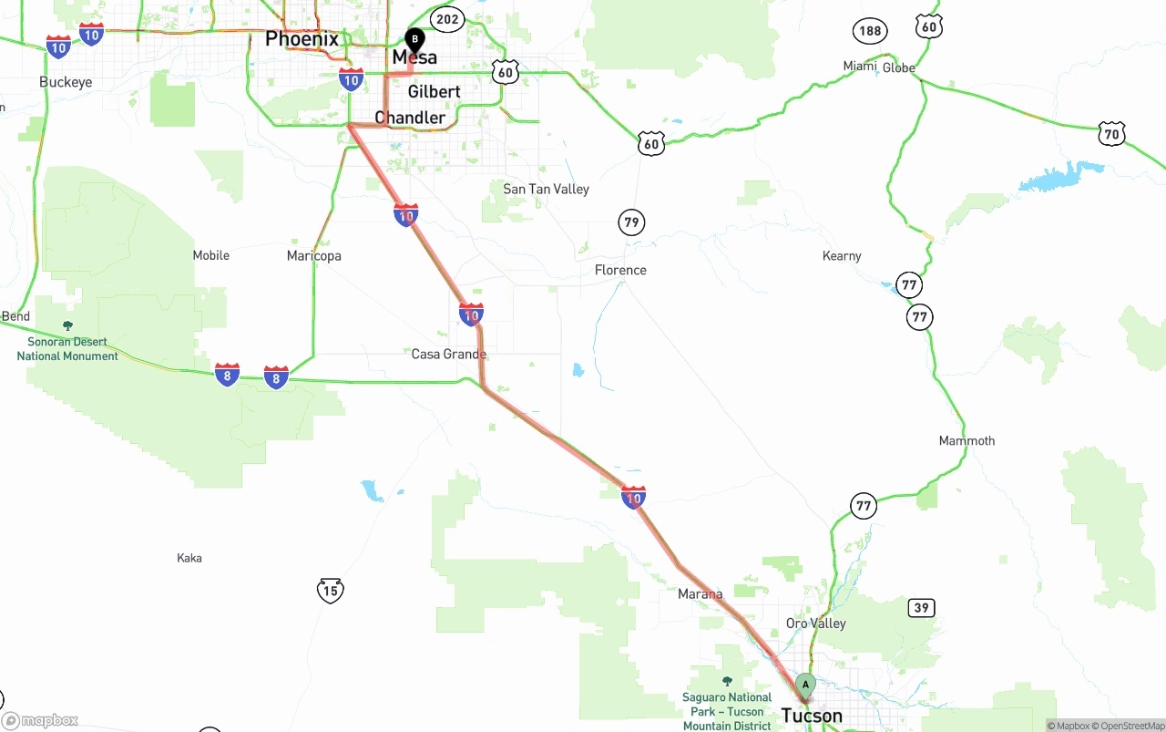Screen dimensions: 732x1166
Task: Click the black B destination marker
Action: [x=414, y=40]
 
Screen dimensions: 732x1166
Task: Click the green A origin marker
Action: [x=804, y=686]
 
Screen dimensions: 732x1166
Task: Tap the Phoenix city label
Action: [x=302, y=39]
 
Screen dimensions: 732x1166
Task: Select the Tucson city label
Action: [x=812, y=716]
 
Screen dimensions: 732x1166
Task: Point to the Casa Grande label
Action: [x=448, y=354]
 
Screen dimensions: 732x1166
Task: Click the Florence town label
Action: [x=620, y=270]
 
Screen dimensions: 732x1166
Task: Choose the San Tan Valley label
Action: [x=546, y=189]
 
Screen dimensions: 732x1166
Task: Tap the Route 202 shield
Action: [x=447, y=18]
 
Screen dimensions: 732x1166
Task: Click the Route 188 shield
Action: [x=870, y=32]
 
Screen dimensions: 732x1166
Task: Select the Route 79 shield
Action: [x=631, y=222]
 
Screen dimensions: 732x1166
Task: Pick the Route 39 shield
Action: [x=921, y=608]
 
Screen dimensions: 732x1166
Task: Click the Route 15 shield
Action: [x=331, y=591]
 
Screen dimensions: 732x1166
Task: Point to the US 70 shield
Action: [x=1111, y=134]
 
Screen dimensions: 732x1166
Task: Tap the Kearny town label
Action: [x=842, y=256]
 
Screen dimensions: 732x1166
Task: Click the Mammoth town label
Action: [x=967, y=440]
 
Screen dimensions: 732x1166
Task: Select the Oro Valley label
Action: [x=815, y=624]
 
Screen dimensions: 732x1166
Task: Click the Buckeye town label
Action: [x=66, y=82]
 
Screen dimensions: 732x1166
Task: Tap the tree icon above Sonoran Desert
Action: [x=67, y=325]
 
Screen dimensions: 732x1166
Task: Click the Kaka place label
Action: [x=189, y=558]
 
